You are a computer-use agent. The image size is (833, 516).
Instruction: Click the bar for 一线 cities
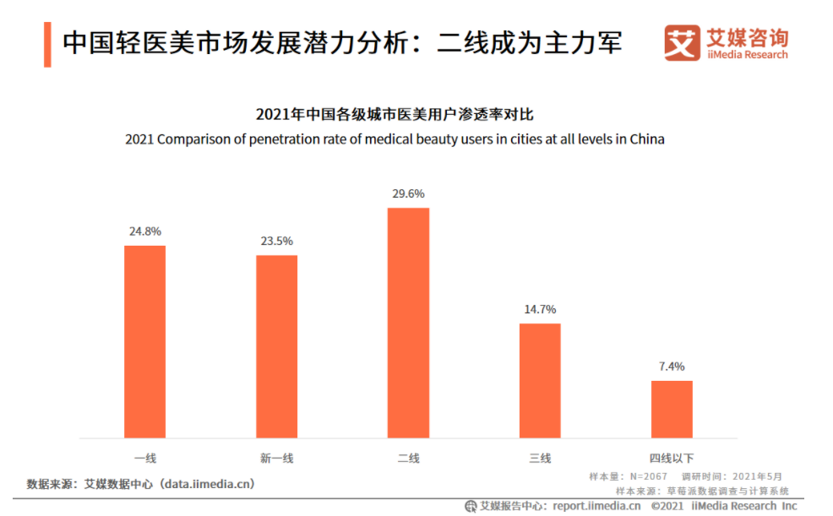click(x=144, y=341)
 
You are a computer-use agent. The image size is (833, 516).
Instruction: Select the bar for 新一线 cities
click(x=276, y=346)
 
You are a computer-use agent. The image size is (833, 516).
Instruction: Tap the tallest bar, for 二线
click(x=408, y=323)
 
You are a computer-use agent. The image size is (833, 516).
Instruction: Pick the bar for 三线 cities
click(x=540, y=380)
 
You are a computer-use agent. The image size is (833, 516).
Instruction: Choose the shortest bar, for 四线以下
click(x=672, y=409)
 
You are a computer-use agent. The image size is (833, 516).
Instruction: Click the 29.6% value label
click(x=408, y=193)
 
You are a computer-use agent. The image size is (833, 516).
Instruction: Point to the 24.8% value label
click(x=144, y=231)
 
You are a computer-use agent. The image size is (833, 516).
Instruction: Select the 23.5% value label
click(x=276, y=241)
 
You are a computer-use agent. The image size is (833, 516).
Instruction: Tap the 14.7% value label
click(x=540, y=309)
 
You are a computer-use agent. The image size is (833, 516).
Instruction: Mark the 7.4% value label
click(x=672, y=367)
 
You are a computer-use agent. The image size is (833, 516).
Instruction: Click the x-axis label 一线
click(x=144, y=459)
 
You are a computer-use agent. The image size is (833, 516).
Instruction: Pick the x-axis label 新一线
click(x=276, y=459)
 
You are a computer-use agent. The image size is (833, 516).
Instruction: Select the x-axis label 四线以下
click(x=672, y=459)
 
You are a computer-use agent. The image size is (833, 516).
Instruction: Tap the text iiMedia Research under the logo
click(x=747, y=55)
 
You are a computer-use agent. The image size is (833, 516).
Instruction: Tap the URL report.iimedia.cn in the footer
click(x=596, y=506)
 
